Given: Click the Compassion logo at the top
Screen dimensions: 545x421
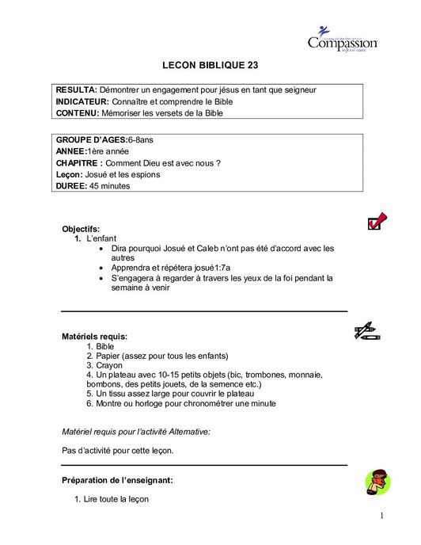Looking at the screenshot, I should click(x=342, y=40).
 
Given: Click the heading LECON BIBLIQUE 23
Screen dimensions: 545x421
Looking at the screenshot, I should click(x=210, y=66).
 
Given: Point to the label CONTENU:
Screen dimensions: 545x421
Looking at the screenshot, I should click(x=78, y=113).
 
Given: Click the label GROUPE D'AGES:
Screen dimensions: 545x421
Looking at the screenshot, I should click(x=91, y=139).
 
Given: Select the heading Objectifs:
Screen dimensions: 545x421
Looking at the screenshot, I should click(x=81, y=229).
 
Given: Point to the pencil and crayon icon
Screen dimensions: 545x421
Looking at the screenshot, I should click(x=366, y=332).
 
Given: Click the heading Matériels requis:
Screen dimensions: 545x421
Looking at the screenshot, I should click(x=94, y=337).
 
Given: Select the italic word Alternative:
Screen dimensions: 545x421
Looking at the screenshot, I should click(x=189, y=432).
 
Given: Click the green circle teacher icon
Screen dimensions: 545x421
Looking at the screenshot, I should click(x=377, y=481).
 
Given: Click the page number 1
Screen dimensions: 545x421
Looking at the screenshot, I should click(x=381, y=516).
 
